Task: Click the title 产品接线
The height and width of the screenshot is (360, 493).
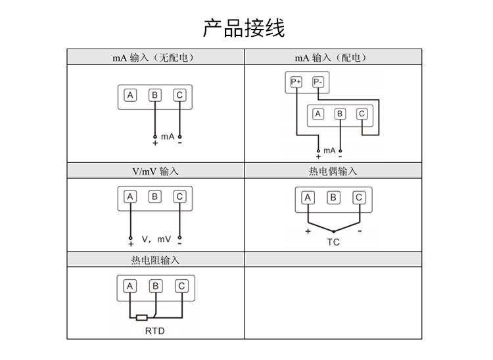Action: [x=244, y=28]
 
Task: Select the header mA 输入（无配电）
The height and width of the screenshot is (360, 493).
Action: [x=155, y=58]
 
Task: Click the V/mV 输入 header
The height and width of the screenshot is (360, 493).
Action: [x=155, y=171]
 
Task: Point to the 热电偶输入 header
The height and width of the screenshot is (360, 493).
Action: [x=333, y=171]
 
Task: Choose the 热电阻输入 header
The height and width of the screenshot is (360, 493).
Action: [x=155, y=260]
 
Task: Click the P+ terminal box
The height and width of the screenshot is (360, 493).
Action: [x=296, y=81]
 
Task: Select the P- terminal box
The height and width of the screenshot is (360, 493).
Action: [x=318, y=81]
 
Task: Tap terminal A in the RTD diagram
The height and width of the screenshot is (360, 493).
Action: [x=130, y=286]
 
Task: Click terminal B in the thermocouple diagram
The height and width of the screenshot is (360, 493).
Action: [x=333, y=198]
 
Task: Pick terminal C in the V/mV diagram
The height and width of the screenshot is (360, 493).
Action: [x=179, y=196]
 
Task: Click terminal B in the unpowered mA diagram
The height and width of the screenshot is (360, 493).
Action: [x=155, y=96]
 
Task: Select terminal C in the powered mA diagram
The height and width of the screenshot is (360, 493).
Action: [x=361, y=114]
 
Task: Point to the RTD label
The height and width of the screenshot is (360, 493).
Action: [x=155, y=330]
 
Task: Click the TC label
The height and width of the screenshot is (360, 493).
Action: [x=333, y=242]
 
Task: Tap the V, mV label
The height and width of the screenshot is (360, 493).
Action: [x=156, y=238]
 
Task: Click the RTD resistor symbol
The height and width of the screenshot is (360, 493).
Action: [x=143, y=317]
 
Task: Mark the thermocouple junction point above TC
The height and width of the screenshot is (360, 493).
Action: [x=333, y=232]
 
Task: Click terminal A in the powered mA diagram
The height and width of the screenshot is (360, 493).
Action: [x=318, y=114]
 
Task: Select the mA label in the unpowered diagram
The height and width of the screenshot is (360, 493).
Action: [x=167, y=136]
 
